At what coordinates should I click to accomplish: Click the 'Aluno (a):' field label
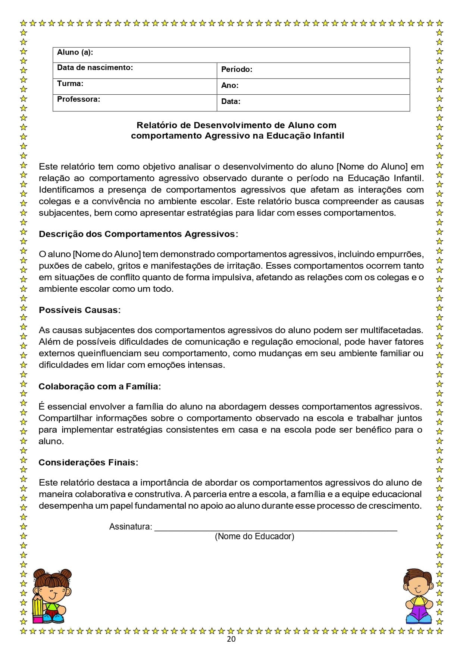[x=75, y=53]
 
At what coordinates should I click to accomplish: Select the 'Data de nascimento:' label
[x=95, y=68]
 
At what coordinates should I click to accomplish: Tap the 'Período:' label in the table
[x=237, y=70]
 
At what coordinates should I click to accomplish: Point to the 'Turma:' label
[x=70, y=84]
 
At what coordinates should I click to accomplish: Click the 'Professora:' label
[x=78, y=99]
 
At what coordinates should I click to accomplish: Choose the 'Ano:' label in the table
[x=229, y=86]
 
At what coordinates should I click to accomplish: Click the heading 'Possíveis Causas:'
[x=79, y=310]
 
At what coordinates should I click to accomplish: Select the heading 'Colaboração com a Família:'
[x=100, y=387]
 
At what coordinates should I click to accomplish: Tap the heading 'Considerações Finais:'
[x=88, y=463]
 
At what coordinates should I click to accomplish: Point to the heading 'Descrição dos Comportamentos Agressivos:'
[x=138, y=234]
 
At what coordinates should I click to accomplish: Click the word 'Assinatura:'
[x=131, y=527]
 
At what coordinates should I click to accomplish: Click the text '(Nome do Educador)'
[x=254, y=537]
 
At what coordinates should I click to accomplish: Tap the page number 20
[x=231, y=639]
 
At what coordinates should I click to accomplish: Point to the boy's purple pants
[x=419, y=612]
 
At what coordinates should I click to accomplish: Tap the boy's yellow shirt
[x=419, y=600]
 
